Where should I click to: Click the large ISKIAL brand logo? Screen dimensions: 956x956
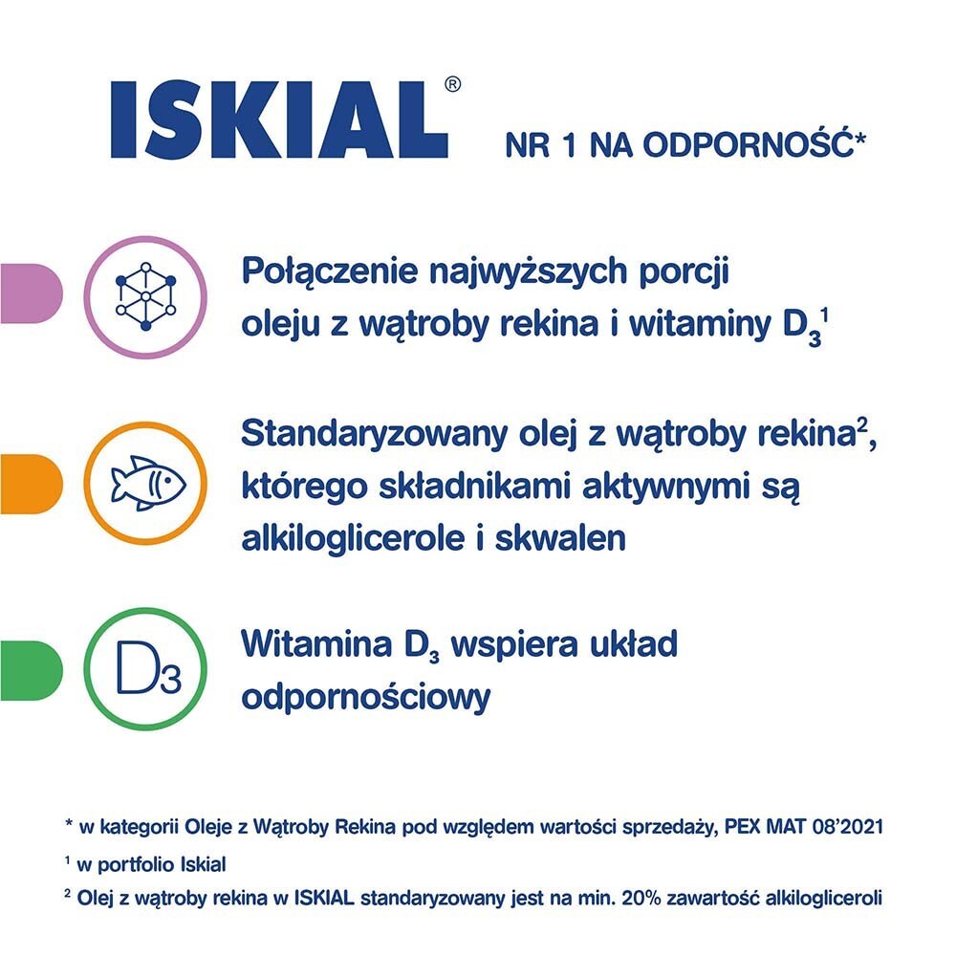pos(280,120)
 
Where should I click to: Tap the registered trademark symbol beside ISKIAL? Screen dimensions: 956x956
pos(452,84)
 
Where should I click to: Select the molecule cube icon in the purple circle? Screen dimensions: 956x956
pos(145,297)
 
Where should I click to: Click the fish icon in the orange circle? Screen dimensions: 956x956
pos(148,483)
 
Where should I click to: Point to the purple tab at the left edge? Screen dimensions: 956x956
pos(32,293)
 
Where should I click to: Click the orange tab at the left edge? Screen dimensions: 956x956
pos(32,484)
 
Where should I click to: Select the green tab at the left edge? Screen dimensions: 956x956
pos(32,670)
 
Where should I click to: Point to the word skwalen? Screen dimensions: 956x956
pos(559,538)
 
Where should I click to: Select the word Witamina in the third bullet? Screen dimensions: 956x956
pos(315,643)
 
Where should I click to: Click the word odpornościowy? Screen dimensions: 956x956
pos(366,698)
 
